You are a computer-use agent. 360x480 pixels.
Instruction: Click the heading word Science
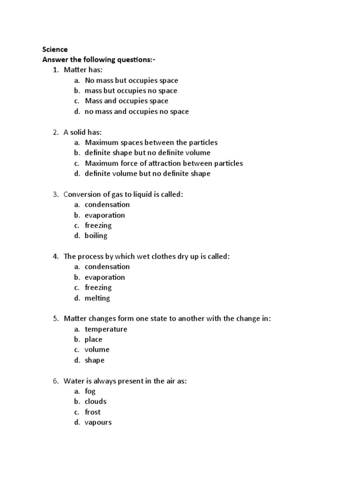55,49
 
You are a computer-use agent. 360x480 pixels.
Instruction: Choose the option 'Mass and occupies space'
127,101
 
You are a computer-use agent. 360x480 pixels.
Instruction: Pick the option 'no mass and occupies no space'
137,112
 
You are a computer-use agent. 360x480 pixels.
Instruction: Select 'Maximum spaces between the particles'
151,142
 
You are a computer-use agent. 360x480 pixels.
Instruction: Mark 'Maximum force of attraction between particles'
164,163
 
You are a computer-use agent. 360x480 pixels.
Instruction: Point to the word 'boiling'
96,236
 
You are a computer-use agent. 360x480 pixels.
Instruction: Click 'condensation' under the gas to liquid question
107,204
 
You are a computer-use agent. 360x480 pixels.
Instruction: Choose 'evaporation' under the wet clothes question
105,277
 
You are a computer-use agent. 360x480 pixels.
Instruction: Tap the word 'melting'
97,298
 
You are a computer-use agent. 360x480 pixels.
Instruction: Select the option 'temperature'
106,329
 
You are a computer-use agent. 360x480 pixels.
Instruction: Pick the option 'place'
94,339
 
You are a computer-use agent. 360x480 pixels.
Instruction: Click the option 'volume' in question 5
97,350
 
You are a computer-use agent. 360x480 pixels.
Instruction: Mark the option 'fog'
90,391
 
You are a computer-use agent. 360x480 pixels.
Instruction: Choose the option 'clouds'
96,402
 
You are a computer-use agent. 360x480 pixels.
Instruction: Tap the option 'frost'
93,412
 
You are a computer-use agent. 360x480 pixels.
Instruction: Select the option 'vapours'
98,422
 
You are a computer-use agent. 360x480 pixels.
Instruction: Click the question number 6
55,381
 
